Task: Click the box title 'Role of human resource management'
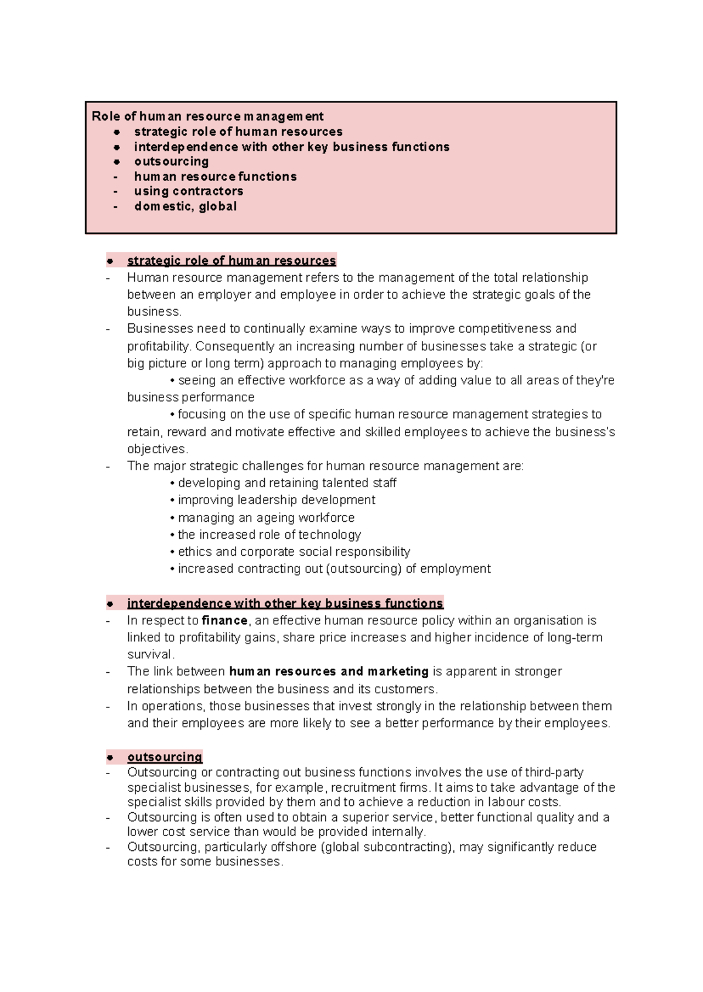(x=207, y=117)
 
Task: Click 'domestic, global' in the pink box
(x=185, y=206)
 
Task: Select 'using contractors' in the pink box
(x=188, y=191)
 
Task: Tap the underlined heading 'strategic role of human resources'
(x=231, y=261)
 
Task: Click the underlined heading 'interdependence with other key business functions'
(x=285, y=603)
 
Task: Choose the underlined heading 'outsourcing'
(x=165, y=757)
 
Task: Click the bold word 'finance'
(x=224, y=620)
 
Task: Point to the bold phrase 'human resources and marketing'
(x=329, y=671)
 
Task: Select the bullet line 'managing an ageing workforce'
(x=266, y=518)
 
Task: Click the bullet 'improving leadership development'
(x=276, y=500)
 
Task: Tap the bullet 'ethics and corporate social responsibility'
(x=294, y=552)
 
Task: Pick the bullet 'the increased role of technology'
(x=269, y=535)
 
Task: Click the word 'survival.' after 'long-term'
(x=151, y=654)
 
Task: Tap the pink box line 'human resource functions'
(x=215, y=176)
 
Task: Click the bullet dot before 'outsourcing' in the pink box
(x=117, y=162)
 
